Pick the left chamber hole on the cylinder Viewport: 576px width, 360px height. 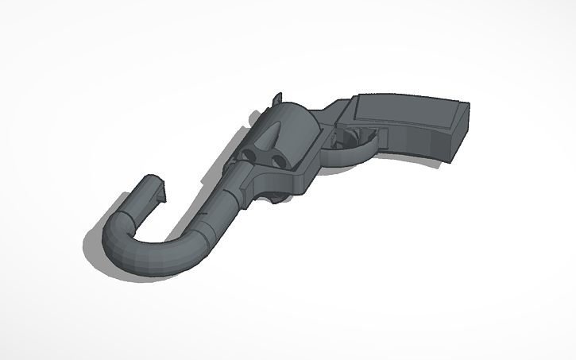(x=249, y=154)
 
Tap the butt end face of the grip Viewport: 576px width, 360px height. (x=461, y=138)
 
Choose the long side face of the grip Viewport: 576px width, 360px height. (x=417, y=141)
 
